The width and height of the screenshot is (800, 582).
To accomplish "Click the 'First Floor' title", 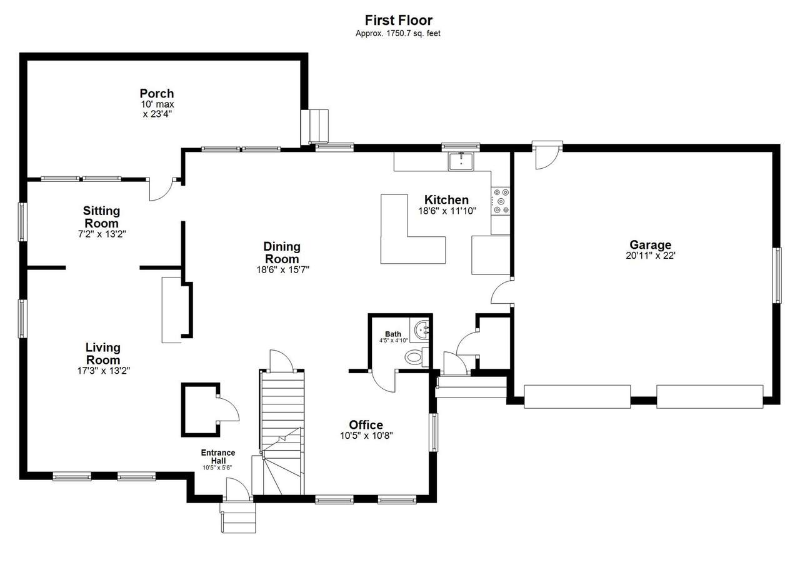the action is (x=398, y=21).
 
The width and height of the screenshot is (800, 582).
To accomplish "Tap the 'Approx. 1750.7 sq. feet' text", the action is (x=398, y=33).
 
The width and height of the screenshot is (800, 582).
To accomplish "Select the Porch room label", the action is (x=157, y=93).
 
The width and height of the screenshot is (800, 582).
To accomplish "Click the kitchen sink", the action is (x=461, y=161).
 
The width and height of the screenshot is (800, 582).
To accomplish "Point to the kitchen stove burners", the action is (x=501, y=201).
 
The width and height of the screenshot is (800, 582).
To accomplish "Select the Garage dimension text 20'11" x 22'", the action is (x=651, y=256).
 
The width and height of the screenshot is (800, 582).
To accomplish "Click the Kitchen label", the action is (x=446, y=199).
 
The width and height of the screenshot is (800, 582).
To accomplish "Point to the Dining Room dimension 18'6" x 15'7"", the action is (x=282, y=269).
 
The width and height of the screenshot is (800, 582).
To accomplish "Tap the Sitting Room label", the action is (x=101, y=217).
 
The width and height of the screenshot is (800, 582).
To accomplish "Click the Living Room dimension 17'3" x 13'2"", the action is (x=104, y=371).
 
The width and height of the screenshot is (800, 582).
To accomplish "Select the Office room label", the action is (x=366, y=425).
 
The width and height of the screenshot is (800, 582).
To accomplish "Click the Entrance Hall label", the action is (x=218, y=456).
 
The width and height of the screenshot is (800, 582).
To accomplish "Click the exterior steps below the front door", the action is (x=238, y=518).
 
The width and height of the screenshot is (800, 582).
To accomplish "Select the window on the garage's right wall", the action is (x=777, y=275).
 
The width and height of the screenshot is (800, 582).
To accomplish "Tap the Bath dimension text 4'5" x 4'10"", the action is (x=394, y=341).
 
